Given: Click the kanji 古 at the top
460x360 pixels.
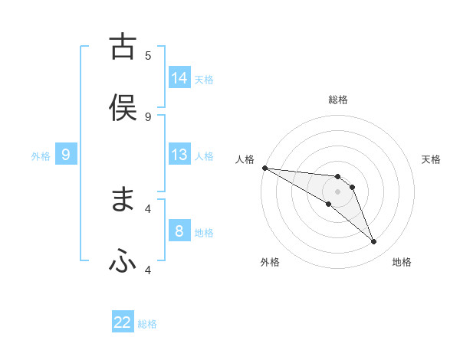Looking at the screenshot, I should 123,47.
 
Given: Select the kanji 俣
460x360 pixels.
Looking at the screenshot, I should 123,108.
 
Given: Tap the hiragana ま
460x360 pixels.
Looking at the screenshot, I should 123,200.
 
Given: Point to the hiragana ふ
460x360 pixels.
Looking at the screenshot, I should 123,261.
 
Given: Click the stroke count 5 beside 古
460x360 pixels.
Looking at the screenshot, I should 148,55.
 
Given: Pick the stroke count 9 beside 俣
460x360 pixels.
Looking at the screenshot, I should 148,116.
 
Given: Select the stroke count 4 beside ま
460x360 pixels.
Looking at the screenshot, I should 148,208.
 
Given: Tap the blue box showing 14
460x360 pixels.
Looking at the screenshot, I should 179,77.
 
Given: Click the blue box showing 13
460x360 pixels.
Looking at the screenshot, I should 179,155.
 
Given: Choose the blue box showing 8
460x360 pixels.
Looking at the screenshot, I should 179,231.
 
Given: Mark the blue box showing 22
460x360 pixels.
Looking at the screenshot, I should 123,322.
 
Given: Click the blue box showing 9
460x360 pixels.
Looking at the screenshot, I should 66,155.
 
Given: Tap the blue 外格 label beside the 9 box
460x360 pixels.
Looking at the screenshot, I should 41,156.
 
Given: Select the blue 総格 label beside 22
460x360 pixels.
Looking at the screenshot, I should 147,324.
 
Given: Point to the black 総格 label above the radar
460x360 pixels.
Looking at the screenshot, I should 338,100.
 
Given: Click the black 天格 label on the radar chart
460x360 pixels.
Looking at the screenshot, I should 432,159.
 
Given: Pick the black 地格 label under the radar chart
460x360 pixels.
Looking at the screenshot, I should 402,262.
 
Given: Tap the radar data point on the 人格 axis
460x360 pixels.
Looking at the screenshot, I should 264,168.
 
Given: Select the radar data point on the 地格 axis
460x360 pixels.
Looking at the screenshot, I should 373,242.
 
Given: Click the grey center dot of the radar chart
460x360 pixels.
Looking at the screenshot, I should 338,191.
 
